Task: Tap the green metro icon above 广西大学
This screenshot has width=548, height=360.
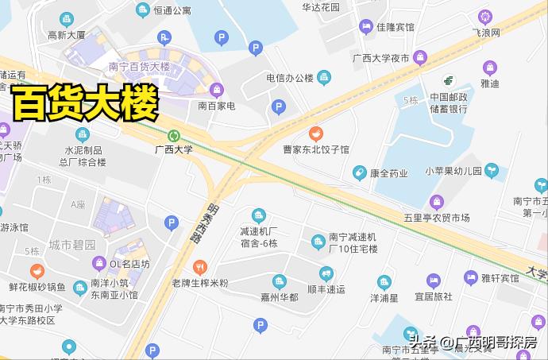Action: pyautogui.click(x=174, y=135)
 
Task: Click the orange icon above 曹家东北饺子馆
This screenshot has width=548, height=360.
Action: pyautogui.click(x=316, y=133)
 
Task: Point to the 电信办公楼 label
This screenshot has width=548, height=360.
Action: pyautogui.click(x=290, y=78)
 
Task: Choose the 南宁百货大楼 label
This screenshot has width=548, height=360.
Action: pyautogui.click(x=139, y=67)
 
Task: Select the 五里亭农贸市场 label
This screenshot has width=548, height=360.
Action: pyautogui.click(x=437, y=218)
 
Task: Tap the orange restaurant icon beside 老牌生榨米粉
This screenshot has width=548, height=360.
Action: pyautogui.click(x=200, y=267)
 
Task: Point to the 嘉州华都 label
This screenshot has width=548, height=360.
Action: pyautogui.click(x=279, y=296)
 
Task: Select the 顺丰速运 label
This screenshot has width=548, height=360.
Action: pyautogui.click(x=326, y=289)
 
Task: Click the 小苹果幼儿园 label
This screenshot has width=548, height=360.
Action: pyautogui.click(x=453, y=171)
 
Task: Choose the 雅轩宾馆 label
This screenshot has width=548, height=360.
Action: pyautogui.click(x=500, y=278)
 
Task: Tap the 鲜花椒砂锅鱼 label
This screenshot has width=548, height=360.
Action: pyautogui.click(x=37, y=286)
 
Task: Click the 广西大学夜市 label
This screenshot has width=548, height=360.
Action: pyautogui.click(x=381, y=58)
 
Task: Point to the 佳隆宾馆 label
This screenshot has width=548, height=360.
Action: pyautogui.click(x=396, y=26)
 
